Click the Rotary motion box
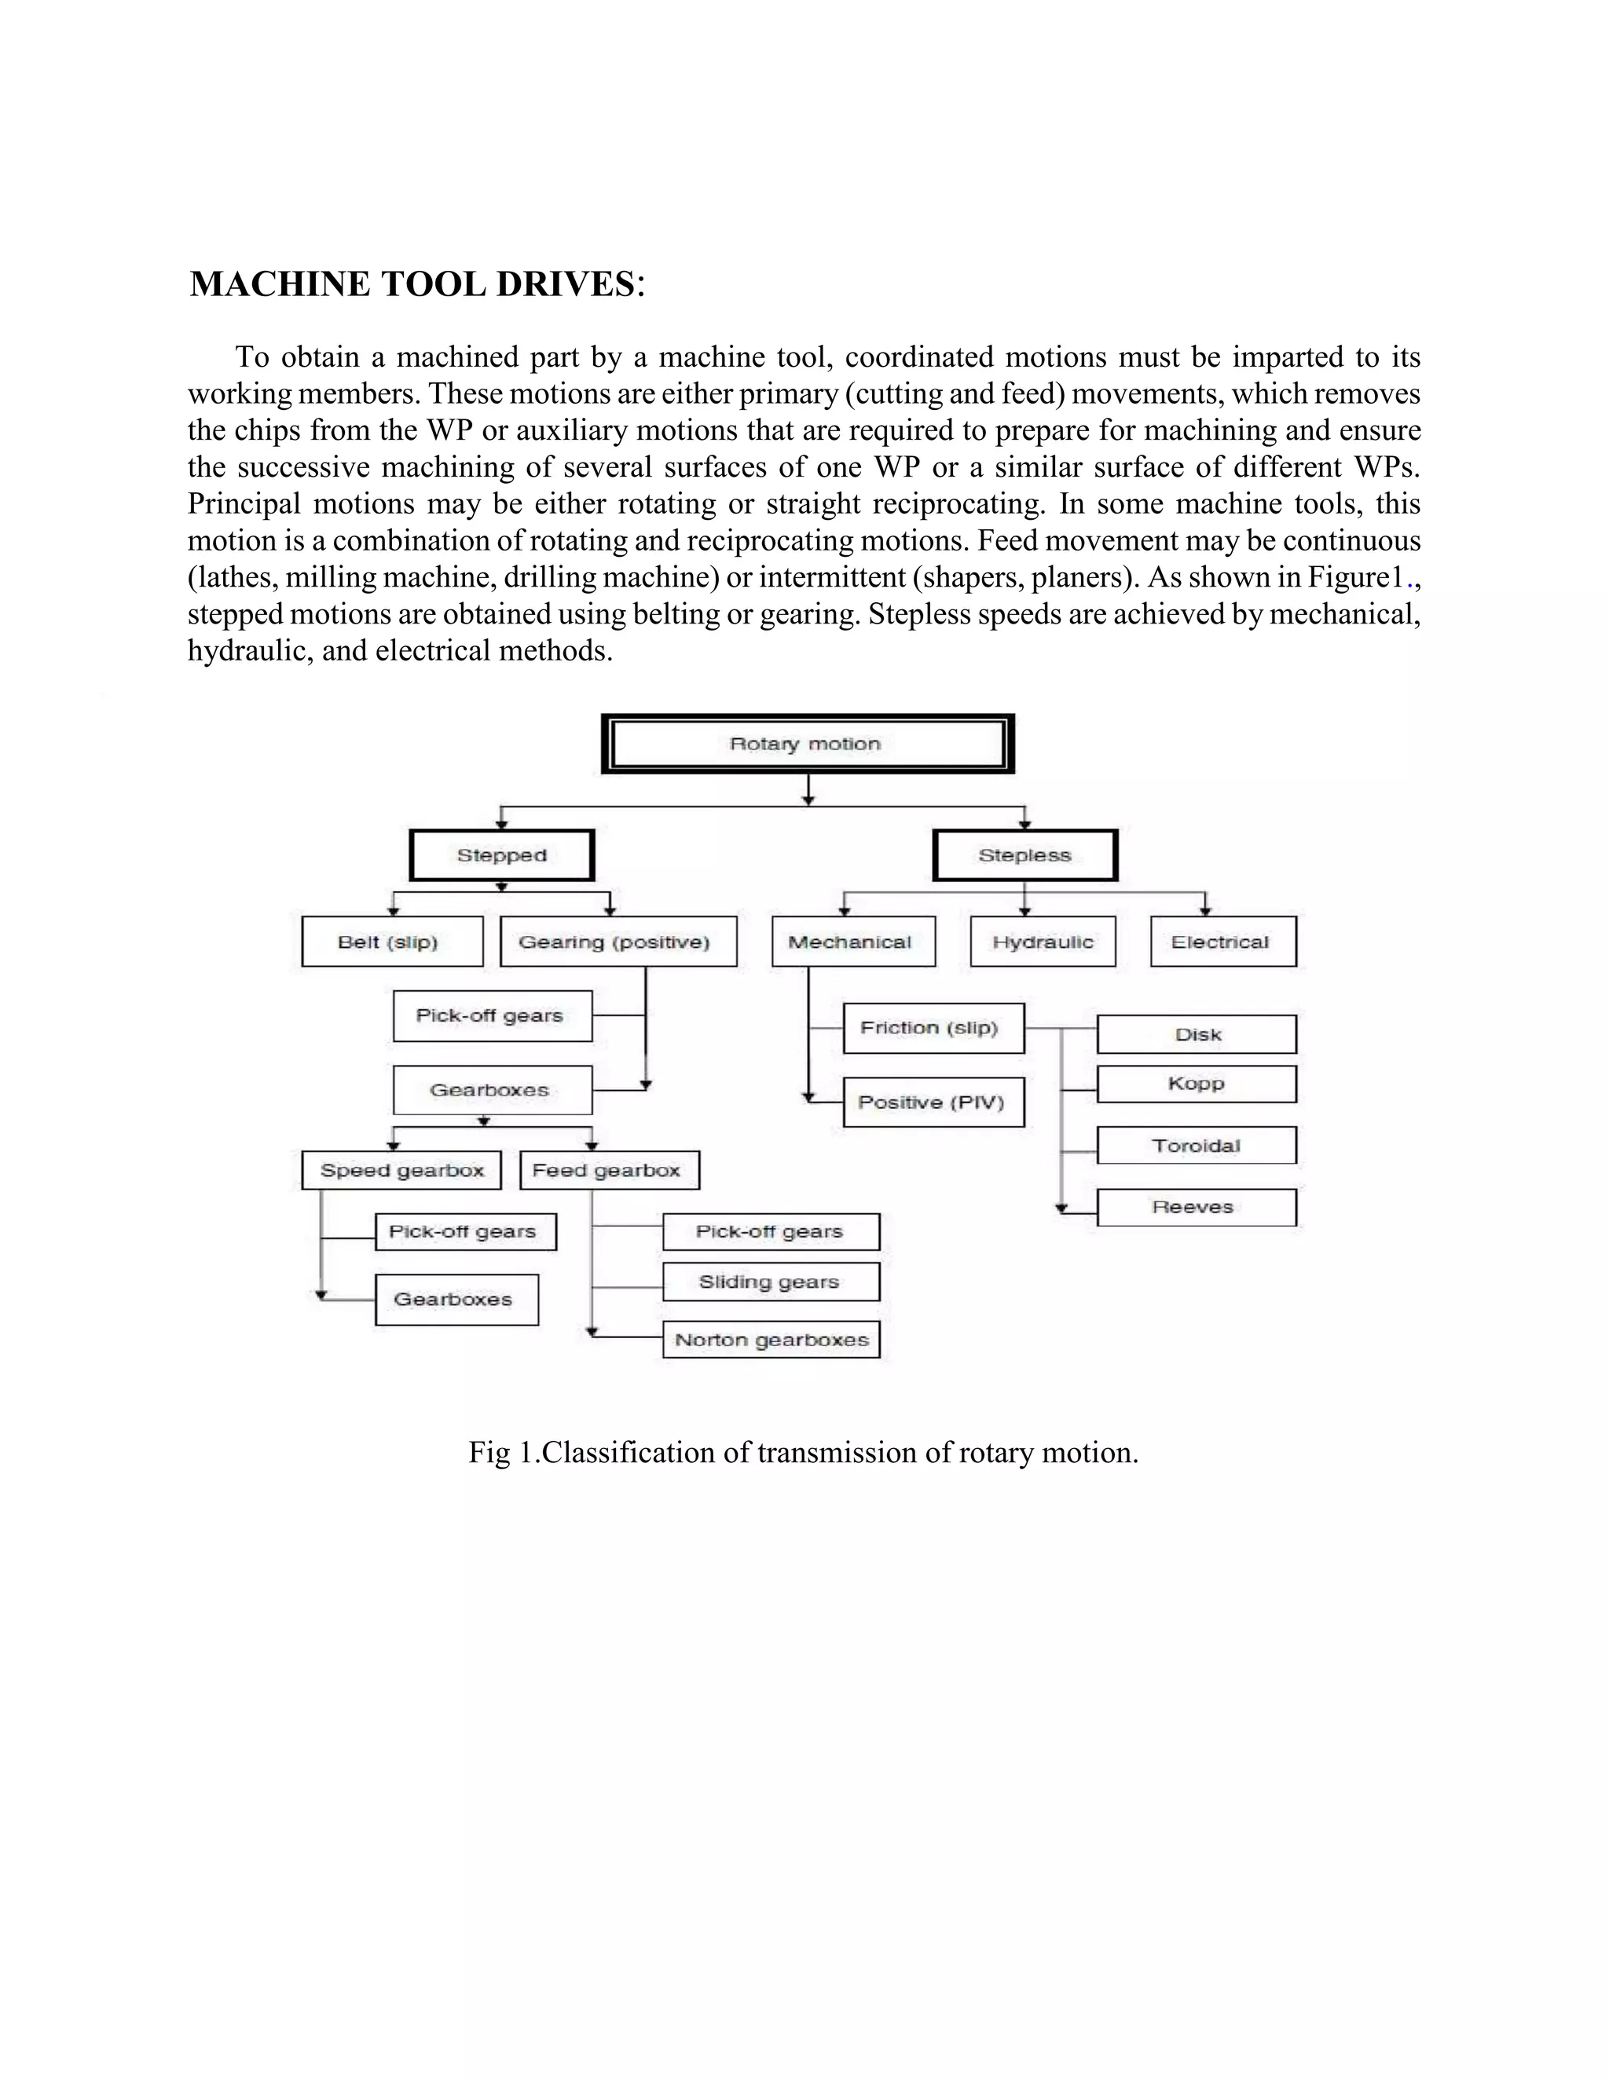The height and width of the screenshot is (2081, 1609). click(x=808, y=744)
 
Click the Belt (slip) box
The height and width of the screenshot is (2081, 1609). click(x=392, y=942)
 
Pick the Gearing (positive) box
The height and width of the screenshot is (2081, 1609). click(x=618, y=942)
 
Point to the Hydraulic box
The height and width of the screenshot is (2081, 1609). click(x=1043, y=942)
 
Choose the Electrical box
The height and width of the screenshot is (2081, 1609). click(x=1223, y=942)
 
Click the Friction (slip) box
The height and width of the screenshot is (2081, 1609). click(x=933, y=1028)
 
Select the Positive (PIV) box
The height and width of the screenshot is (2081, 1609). click(x=933, y=1103)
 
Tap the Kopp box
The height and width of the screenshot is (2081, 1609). click(x=1197, y=1084)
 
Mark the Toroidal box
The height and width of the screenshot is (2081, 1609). click(x=1197, y=1145)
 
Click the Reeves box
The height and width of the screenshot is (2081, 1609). click(x=1197, y=1207)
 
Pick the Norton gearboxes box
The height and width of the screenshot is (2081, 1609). click(x=772, y=1340)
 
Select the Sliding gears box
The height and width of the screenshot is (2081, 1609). click(x=772, y=1282)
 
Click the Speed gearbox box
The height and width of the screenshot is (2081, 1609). click(x=401, y=1171)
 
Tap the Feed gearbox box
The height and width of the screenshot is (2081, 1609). click(x=609, y=1171)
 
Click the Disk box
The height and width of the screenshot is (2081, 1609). click(x=1197, y=1035)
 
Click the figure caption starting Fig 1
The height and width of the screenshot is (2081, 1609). click(x=804, y=1453)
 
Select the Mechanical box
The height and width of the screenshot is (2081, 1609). click(x=853, y=942)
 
